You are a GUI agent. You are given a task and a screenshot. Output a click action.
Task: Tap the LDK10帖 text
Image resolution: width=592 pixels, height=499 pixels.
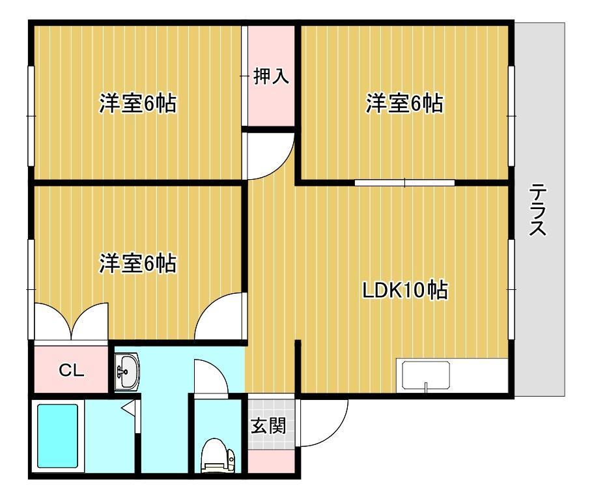[x=404, y=291]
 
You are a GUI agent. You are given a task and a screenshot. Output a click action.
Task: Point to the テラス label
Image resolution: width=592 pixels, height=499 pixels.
[x=538, y=210]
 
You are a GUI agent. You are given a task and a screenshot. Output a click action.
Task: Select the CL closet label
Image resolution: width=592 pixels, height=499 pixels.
[x=71, y=371]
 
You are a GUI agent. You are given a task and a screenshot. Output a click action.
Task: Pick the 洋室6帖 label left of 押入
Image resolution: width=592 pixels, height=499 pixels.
[x=137, y=104]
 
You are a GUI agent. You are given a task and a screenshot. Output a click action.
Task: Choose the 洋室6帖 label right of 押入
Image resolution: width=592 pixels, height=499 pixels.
[x=404, y=104]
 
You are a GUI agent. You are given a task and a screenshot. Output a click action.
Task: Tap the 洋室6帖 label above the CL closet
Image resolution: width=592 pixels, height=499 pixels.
[x=137, y=264]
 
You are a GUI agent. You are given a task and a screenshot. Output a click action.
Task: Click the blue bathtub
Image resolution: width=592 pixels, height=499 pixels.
[x=57, y=435]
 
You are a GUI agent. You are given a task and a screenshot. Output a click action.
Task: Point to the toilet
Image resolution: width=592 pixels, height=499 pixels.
[x=214, y=455]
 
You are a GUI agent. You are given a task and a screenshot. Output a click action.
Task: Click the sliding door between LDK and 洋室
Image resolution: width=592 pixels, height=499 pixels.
[x=404, y=182]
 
